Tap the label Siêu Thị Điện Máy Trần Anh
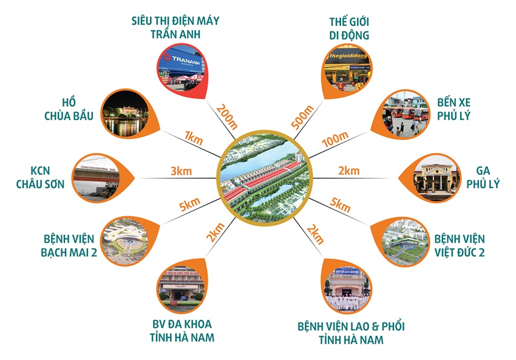175,27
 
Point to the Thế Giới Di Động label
347,28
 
